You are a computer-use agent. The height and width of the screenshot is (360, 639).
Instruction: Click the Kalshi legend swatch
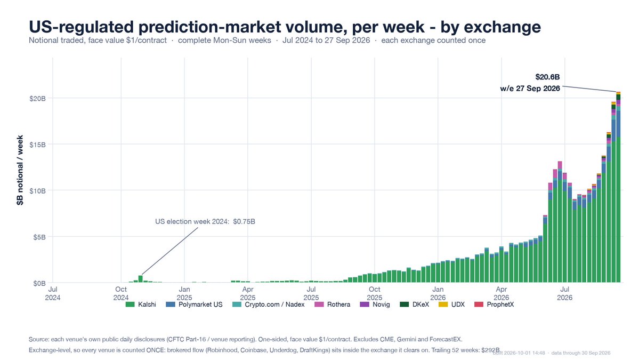point(130,304)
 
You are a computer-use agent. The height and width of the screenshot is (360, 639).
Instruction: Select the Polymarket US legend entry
point(194,304)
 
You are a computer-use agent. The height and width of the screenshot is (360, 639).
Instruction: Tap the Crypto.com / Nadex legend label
point(274,304)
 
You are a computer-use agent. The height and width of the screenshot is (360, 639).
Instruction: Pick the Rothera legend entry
point(332,304)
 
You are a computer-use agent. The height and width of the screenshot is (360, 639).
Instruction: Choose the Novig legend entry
point(375,304)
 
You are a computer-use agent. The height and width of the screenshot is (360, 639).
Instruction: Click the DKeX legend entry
point(415,304)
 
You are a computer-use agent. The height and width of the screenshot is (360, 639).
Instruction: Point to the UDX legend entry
point(451,304)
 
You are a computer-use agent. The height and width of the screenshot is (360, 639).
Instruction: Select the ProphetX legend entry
point(494,304)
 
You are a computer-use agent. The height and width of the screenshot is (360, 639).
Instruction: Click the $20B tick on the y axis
point(37,98)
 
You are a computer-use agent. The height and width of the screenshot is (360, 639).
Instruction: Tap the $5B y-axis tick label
point(39,237)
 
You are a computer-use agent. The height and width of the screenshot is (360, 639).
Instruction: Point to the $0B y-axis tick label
point(39,283)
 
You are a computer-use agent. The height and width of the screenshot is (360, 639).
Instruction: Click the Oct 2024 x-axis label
point(121,293)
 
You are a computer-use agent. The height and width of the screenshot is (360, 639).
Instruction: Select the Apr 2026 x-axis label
point(502,293)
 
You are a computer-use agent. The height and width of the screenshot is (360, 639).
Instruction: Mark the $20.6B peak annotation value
point(547,77)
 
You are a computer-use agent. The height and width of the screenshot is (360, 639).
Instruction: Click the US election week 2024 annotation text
point(205,222)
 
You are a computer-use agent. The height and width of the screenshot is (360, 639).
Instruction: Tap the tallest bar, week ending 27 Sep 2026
point(618,187)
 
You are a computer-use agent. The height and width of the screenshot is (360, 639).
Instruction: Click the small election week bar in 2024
point(141,279)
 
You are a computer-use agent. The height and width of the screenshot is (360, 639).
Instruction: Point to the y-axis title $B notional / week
point(20,171)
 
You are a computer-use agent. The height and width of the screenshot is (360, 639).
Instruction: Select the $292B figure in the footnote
point(490,350)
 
